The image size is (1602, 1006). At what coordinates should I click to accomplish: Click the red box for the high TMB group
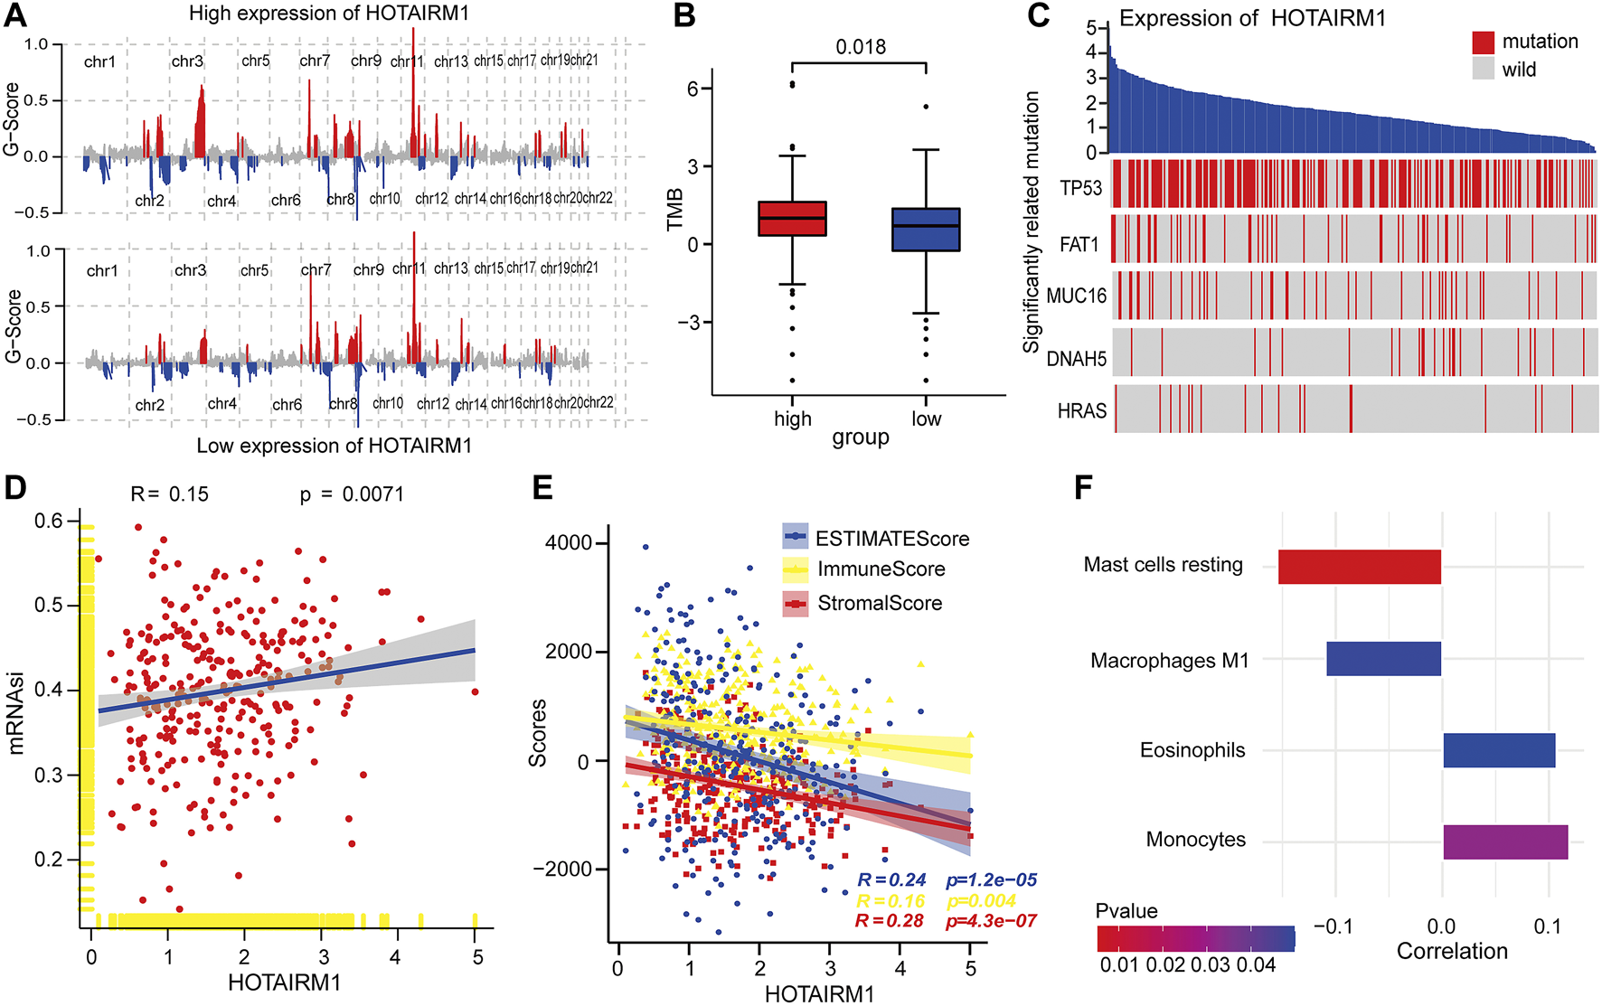point(792,218)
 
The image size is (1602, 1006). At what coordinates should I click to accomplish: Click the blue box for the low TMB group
point(926,229)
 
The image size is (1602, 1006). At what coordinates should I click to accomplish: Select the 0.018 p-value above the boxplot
point(860,47)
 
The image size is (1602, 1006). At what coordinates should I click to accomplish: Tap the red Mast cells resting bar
point(1359,566)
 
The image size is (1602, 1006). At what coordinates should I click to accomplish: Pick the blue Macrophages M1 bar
point(1383,659)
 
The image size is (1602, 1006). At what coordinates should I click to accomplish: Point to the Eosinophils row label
point(1192,750)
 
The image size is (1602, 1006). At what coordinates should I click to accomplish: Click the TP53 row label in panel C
point(1081,188)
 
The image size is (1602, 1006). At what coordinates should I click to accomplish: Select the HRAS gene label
point(1081,411)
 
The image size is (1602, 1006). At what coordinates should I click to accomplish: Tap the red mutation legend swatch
point(1484,42)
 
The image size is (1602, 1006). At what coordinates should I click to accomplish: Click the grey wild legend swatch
point(1484,70)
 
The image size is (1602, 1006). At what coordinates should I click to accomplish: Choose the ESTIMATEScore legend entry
point(891,539)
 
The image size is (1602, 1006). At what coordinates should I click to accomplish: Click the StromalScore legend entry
point(879,603)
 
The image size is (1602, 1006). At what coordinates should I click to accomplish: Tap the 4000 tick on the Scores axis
point(568,543)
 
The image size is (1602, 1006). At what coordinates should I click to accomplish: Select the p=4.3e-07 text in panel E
point(991,921)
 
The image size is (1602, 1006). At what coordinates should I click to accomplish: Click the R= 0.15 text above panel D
point(170,494)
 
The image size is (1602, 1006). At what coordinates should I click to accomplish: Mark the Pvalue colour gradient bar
point(1195,938)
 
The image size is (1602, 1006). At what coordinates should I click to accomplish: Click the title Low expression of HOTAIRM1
point(334,446)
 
